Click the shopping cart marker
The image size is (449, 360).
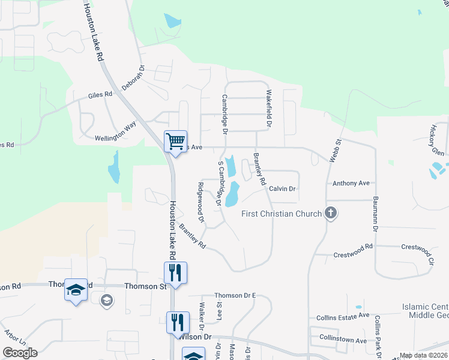tap(175, 142)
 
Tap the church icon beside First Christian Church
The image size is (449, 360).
tap(330, 212)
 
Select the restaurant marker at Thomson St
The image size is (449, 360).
tap(175, 273)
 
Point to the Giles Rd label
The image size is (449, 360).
tap(100, 95)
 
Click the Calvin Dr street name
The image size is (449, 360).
tap(283, 188)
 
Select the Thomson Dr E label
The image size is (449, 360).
tap(235, 296)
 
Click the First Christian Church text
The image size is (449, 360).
tap(282, 214)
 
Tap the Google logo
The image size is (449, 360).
tap(20, 353)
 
